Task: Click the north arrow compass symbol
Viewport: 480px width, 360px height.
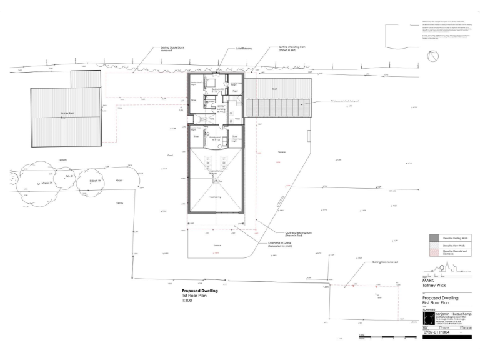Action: [x=432, y=56]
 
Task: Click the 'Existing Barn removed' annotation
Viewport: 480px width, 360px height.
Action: [x=384, y=262]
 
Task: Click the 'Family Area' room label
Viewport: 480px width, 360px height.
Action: [x=216, y=138]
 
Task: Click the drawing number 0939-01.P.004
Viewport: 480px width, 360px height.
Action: [x=437, y=334]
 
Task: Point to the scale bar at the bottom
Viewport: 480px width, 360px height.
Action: [x=387, y=337]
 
